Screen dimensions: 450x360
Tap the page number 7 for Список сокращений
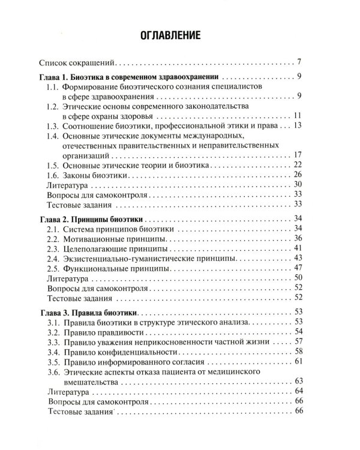[x=298, y=62]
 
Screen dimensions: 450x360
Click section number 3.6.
[x=53, y=373]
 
